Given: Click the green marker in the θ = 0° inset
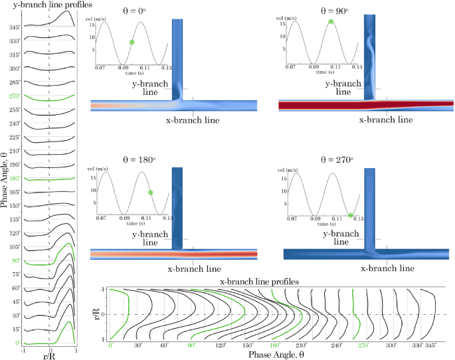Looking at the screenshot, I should coord(132,42).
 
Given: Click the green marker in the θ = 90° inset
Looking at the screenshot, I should coord(331,22).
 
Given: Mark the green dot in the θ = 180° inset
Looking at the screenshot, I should coord(150,192).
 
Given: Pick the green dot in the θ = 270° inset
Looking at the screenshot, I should coord(350,215).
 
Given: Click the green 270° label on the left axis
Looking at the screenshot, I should coord(14,96).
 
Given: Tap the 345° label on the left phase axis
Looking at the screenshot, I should coord(14,28).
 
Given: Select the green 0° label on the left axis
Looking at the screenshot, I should coord(15,343).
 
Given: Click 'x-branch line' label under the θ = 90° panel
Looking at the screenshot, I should coord(385,120).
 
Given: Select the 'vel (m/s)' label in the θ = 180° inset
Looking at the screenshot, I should coord(110,169).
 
